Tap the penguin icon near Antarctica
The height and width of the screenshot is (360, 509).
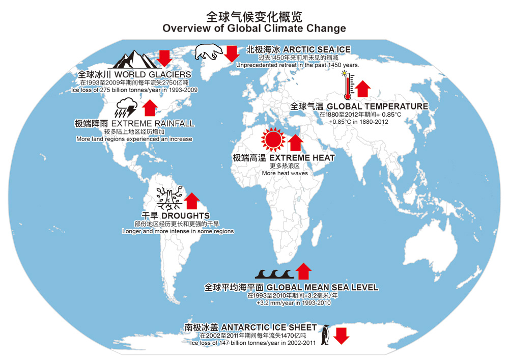(325, 335)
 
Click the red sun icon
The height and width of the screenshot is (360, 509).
(272, 138)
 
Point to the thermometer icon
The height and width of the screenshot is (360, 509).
(347, 86)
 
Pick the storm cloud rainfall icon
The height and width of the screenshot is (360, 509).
(126, 107)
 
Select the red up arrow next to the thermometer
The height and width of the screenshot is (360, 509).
(362, 89)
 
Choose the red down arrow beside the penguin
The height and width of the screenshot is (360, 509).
(342, 336)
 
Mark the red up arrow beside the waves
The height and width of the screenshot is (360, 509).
(303, 271)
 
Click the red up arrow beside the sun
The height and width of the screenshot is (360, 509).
(296, 143)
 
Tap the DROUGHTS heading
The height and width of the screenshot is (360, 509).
(189, 216)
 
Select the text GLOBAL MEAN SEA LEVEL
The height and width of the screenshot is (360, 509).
(323, 287)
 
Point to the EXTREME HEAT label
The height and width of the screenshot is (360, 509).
(302, 158)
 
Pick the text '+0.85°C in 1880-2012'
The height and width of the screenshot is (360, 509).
(358, 122)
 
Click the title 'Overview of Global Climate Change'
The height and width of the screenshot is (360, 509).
(254, 29)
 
